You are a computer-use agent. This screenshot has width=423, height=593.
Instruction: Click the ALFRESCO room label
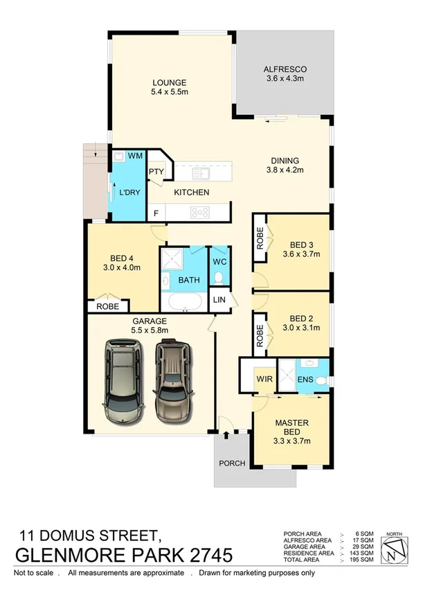[x=285, y=69]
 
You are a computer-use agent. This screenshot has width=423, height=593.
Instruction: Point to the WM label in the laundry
[x=135, y=156]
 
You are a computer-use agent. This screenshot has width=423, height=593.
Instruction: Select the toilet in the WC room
[x=219, y=278]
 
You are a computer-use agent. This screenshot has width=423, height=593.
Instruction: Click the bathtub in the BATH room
[x=183, y=302]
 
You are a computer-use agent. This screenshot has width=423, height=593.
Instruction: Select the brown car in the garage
[x=172, y=381]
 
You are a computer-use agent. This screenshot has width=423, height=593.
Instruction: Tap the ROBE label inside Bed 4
[x=107, y=306]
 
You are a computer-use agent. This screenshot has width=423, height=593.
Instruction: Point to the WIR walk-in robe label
[x=263, y=379]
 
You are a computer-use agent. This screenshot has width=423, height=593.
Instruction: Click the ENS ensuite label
[x=306, y=379]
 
